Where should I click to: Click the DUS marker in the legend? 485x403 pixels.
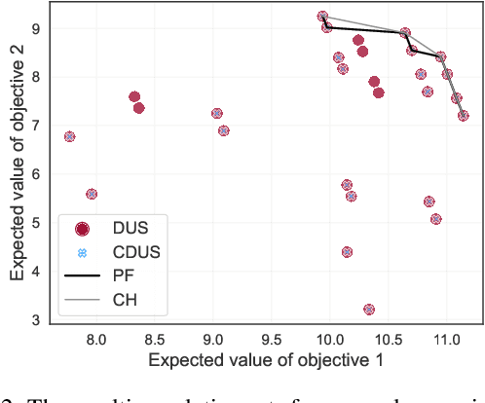coord(83,229)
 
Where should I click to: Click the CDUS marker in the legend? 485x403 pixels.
coord(83,252)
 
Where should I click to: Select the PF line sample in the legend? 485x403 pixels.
coord(83,276)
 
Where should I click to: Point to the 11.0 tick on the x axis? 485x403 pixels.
coord(447,338)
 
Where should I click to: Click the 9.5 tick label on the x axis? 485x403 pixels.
coord(272,338)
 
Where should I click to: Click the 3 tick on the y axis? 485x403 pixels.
coord(35,319)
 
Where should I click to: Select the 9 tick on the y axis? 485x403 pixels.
coord(35,28)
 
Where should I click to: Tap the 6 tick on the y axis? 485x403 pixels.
coord(35,173)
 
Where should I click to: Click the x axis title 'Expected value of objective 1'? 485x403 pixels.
coord(265,360)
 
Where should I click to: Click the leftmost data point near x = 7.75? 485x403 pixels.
coord(69,136)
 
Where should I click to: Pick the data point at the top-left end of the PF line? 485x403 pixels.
coord(322,17)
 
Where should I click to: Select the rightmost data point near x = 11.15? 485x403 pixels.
coord(464,115)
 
